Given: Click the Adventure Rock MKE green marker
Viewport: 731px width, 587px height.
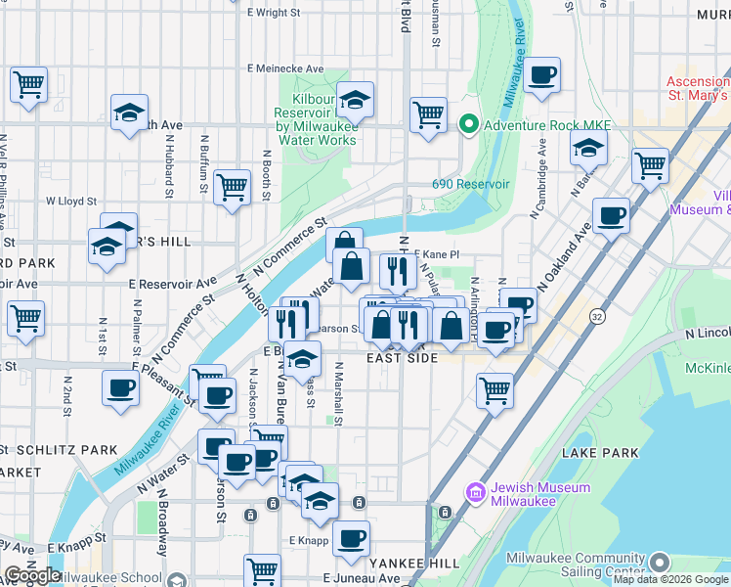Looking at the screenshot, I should pyautogui.click(x=468, y=125).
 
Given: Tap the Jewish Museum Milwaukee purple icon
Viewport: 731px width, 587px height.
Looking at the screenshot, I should pyautogui.click(x=476, y=493).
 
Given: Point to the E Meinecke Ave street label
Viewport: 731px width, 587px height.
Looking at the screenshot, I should pyautogui.click(x=285, y=68).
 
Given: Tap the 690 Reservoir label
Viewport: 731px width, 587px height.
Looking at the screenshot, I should pyautogui.click(x=471, y=184).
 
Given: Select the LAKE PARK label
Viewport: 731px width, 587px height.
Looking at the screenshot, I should pyautogui.click(x=600, y=453).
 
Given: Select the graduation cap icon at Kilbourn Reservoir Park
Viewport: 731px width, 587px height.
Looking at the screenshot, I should pyautogui.click(x=356, y=99).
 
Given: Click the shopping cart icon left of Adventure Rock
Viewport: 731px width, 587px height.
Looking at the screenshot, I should pyautogui.click(x=428, y=114).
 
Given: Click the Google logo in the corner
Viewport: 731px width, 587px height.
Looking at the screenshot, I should pyautogui.click(x=32, y=575).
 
